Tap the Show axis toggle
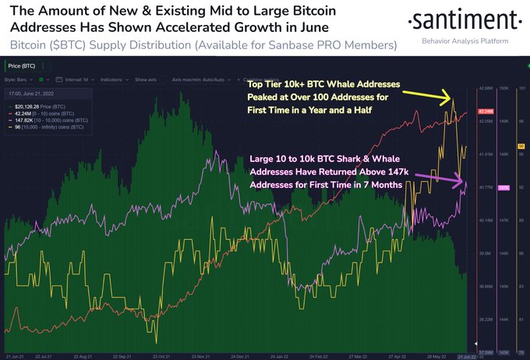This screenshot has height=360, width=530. [146, 79]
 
